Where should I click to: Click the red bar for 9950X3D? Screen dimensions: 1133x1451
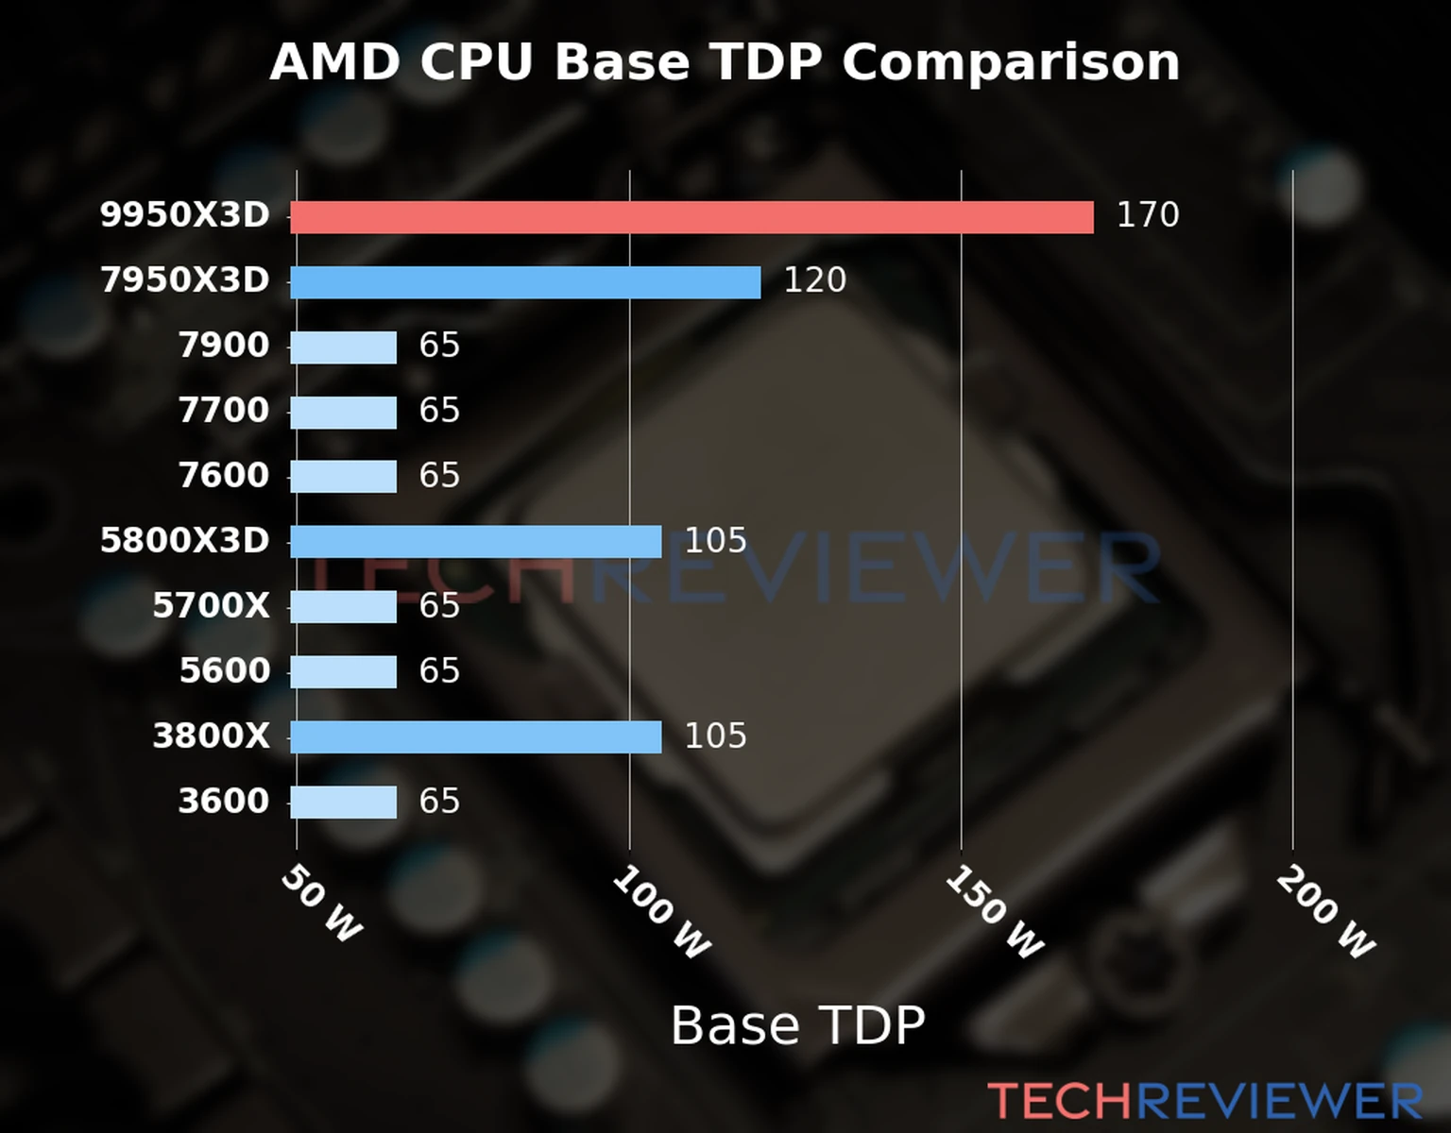coord(691,217)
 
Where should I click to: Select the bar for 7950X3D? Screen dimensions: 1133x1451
coord(525,282)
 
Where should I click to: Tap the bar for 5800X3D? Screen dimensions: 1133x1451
coord(475,542)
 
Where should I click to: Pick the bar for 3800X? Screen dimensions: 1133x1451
coord(475,737)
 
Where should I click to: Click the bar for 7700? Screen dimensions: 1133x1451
coord(343,413)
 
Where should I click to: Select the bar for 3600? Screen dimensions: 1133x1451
coord(343,803)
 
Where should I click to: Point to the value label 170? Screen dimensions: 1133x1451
coord(1148,215)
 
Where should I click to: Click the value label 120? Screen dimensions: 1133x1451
coord(814,280)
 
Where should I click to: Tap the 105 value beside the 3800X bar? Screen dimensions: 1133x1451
coord(715,736)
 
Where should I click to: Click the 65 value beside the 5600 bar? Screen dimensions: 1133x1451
coord(439,671)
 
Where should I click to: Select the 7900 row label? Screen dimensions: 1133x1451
coord(224,346)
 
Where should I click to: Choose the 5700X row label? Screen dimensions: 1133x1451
coord(211,606)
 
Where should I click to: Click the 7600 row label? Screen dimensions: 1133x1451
coord(224,476)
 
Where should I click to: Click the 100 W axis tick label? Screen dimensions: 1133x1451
coord(661,913)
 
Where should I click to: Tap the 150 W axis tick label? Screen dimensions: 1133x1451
coord(994,913)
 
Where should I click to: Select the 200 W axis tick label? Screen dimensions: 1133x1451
coord(1325,913)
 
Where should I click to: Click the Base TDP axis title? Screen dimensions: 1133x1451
coord(797,1025)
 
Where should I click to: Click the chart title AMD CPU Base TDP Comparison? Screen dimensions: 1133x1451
coord(725,63)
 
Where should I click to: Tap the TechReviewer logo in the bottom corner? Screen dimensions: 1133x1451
coord(1204,1102)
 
